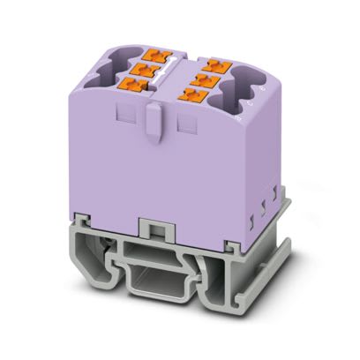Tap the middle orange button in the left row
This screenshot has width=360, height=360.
pyautogui.click(x=141, y=67)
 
